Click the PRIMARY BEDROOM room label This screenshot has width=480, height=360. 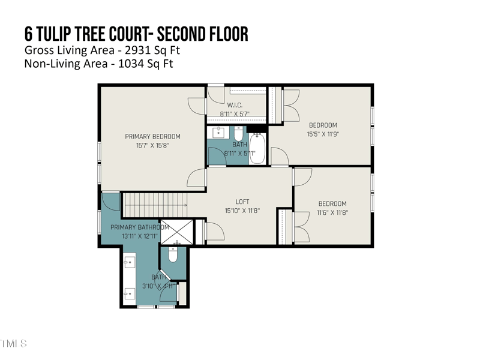(152, 136)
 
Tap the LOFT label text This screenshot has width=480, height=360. (242, 202)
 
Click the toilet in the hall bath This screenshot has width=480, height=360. (238, 133)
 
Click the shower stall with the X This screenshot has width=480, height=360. (178, 231)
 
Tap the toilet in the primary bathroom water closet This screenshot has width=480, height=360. (173, 255)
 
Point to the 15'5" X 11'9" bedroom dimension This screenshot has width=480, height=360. (323, 134)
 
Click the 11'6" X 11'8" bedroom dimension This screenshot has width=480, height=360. (332, 212)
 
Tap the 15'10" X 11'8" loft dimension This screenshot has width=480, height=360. (242, 211)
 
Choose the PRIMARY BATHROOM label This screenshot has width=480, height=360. (140, 227)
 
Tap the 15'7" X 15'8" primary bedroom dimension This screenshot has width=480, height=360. (152, 145)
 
